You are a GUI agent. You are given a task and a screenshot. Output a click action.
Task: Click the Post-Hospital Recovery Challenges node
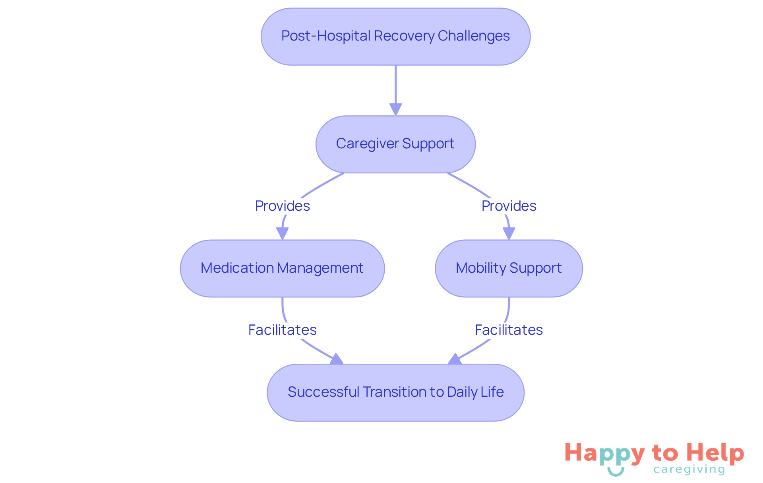click(395, 37)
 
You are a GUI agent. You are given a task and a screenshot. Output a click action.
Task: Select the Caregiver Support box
click(395, 144)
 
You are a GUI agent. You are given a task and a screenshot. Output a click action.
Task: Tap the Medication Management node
click(282, 268)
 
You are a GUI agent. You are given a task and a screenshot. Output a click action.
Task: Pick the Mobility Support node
click(509, 268)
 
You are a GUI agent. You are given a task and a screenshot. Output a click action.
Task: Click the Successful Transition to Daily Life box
click(395, 392)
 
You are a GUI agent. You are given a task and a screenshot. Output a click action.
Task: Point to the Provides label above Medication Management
click(282, 206)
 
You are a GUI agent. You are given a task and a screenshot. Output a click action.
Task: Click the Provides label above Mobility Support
click(509, 206)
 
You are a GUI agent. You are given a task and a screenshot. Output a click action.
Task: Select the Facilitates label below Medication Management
click(282, 330)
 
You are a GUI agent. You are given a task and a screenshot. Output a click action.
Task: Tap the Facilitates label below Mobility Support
click(509, 330)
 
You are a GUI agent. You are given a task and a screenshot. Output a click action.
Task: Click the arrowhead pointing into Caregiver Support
click(395, 109)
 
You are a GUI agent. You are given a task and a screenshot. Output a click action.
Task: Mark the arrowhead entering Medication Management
click(282, 233)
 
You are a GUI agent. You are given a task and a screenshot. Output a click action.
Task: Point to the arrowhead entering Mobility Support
click(509, 233)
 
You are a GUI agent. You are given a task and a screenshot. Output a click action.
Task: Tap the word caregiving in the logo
click(689, 470)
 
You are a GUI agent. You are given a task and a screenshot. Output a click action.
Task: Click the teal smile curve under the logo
click(616, 472)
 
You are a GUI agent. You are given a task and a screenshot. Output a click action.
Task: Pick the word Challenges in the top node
click(474, 36)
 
